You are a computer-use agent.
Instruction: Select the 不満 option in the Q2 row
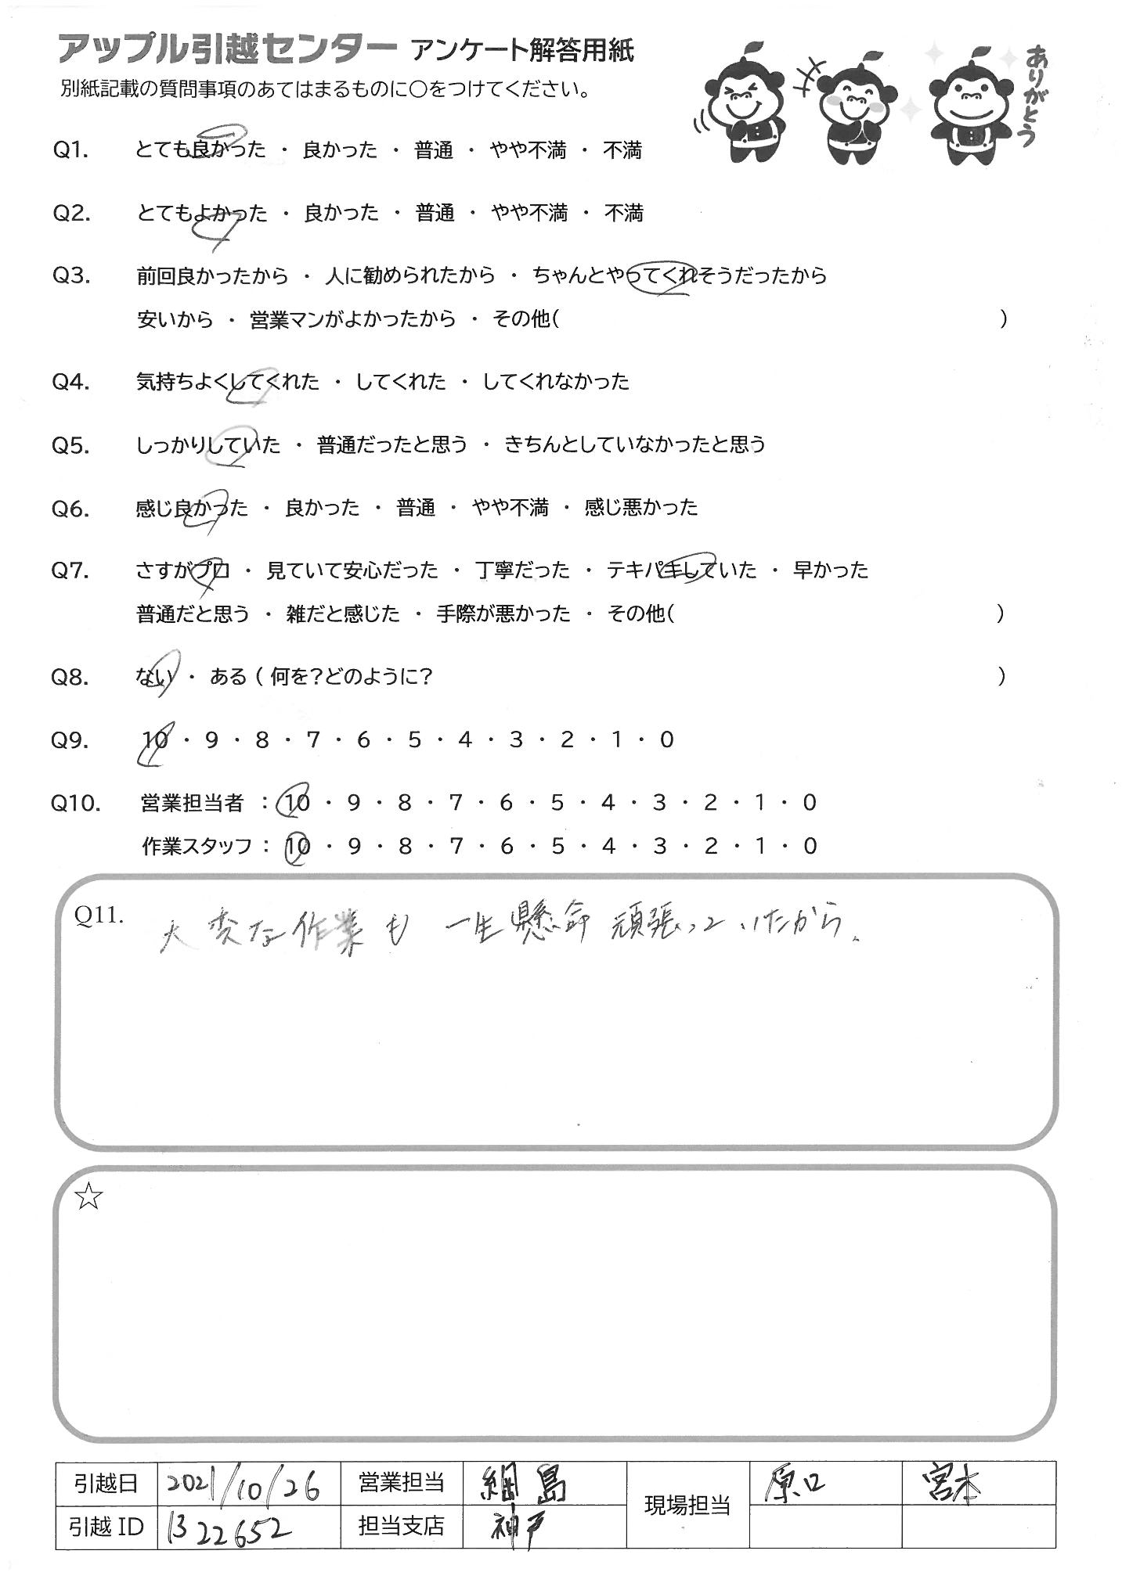click(623, 213)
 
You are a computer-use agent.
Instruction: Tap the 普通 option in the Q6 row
click(415, 508)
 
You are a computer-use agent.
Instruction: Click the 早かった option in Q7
click(830, 570)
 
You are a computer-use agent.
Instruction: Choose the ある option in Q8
click(228, 677)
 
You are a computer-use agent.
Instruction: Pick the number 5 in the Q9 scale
click(414, 739)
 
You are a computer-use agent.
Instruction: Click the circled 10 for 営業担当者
click(298, 802)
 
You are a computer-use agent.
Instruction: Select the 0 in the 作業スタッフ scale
click(810, 846)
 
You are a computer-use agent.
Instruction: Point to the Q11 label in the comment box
click(99, 916)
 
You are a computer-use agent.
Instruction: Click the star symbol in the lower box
click(88, 1196)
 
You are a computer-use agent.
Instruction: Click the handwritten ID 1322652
click(227, 1527)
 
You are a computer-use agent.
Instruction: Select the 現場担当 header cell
click(687, 1505)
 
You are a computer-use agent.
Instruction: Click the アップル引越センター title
click(227, 51)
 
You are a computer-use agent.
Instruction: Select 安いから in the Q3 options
click(175, 319)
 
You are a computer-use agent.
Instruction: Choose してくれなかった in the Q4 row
click(555, 382)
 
